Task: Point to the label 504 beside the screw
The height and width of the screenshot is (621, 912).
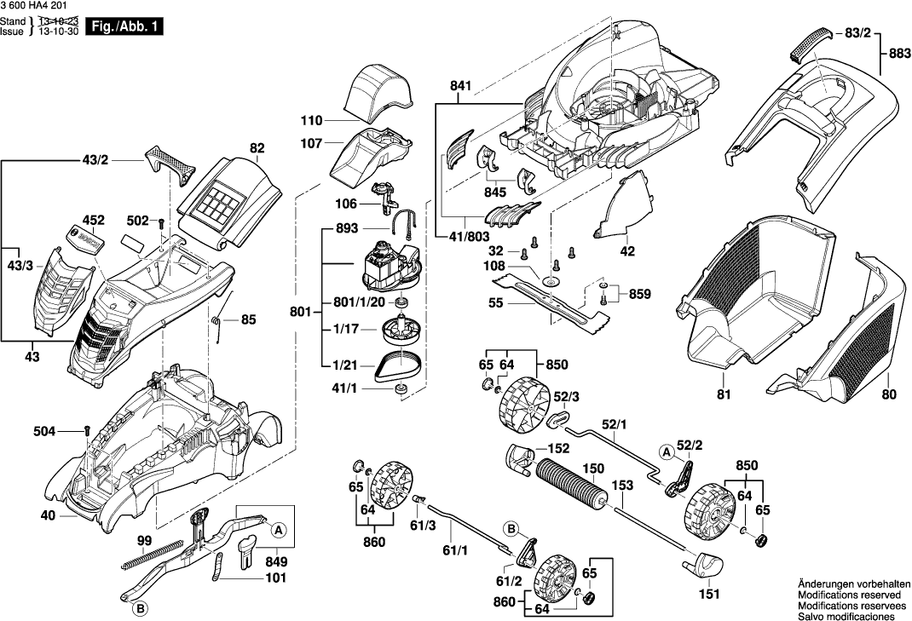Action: (46, 432)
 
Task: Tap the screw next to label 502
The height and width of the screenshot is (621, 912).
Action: (159, 222)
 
